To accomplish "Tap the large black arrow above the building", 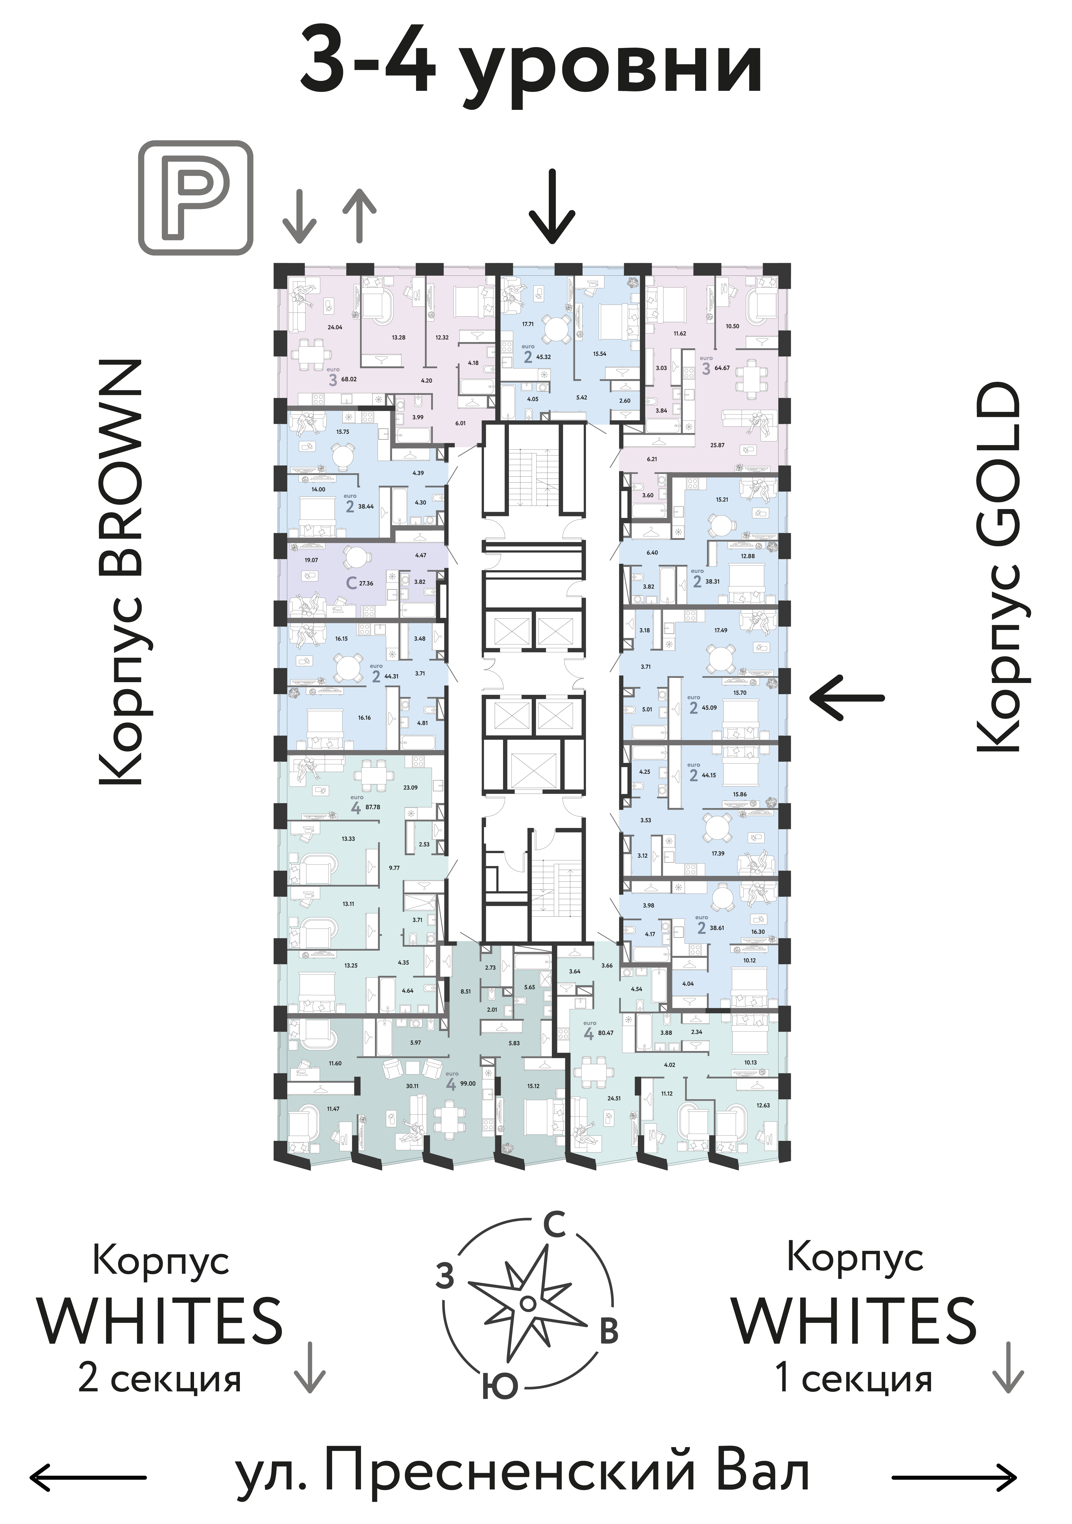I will click(x=552, y=206).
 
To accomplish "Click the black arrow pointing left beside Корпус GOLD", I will click(x=847, y=698).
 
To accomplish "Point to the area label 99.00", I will click(x=468, y=1083).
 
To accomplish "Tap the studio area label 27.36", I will click(x=366, y=584).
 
